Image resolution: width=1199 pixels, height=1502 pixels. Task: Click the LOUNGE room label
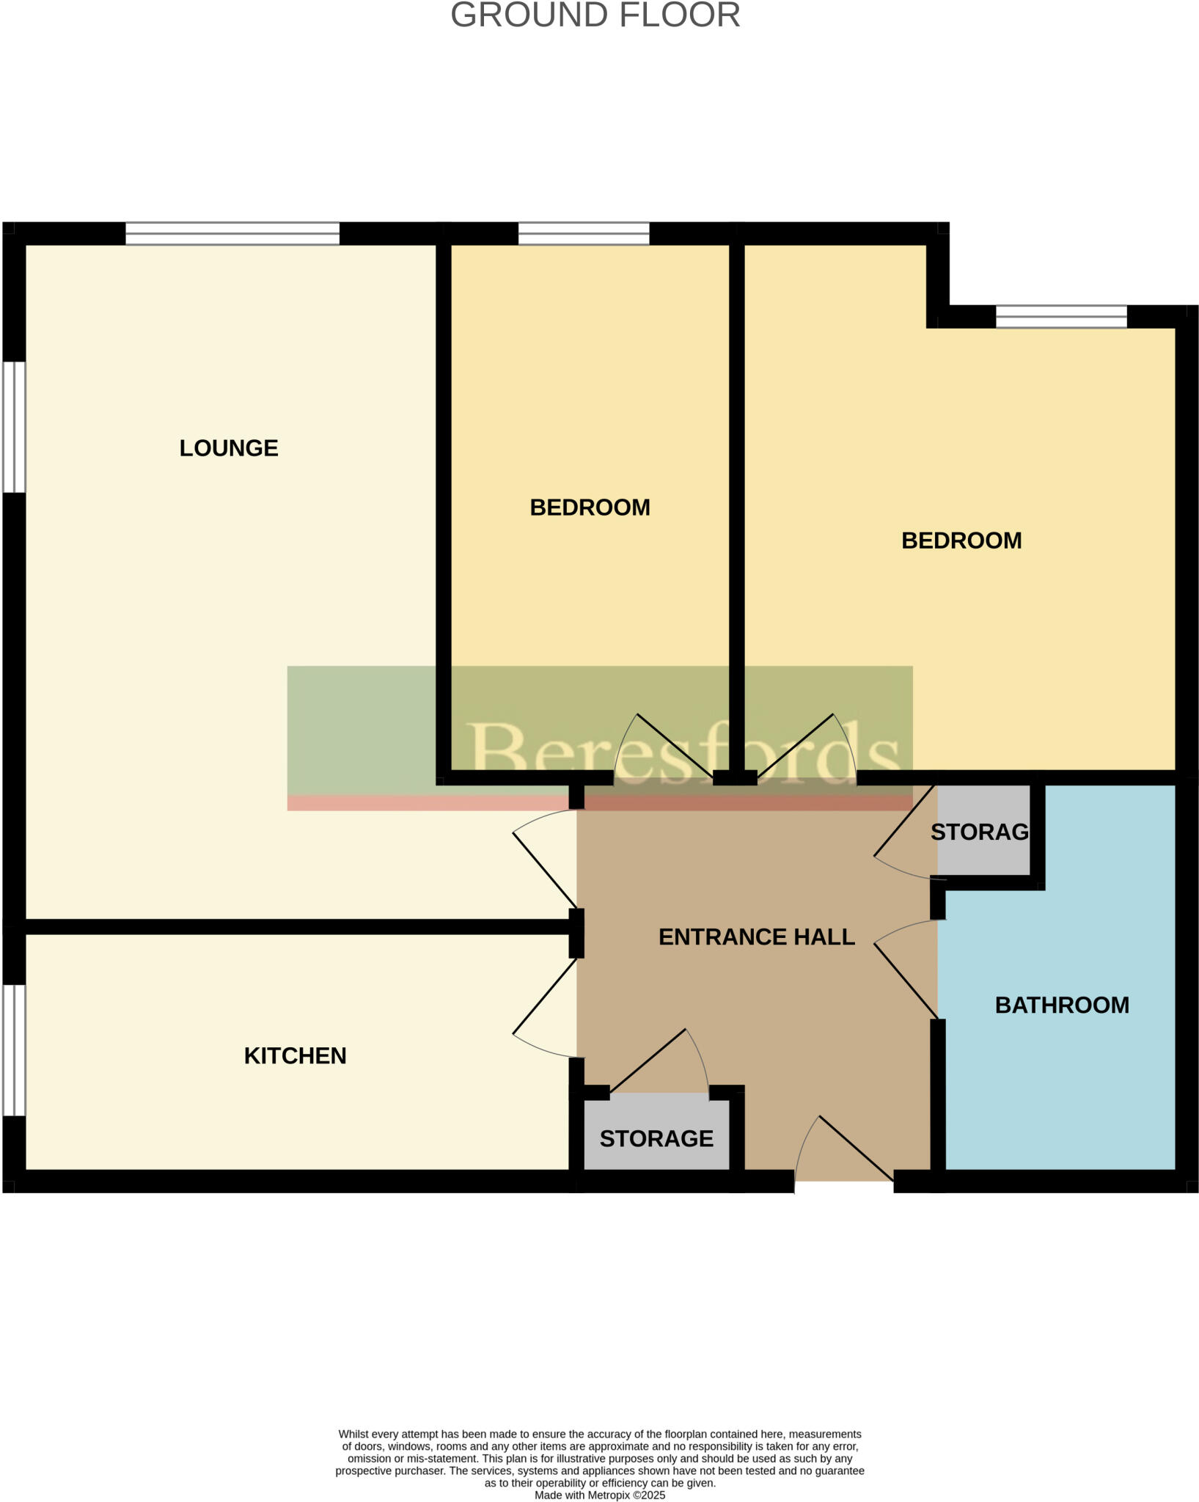pos(229,448)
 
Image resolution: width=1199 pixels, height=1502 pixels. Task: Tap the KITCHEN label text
pos(295,1055)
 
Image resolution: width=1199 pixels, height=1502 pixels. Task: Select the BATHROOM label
pos(1061,1005)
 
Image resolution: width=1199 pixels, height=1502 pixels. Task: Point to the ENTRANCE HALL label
pos(756,937)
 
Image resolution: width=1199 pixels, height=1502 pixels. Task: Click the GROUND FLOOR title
pos(595,15)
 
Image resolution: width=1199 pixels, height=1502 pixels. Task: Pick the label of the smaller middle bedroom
pos(590,508)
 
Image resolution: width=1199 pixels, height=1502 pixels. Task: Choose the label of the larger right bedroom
pos(961,541)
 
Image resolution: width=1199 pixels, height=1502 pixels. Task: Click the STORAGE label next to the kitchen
pos(656,1138)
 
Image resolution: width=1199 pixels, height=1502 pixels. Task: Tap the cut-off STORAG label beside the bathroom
pos(979,832)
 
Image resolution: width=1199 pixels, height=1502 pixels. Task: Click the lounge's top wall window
pos(232,233)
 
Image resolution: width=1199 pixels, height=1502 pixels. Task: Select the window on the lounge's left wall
pos(14,426)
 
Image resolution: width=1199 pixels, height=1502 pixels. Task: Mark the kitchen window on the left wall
pos(14,1049)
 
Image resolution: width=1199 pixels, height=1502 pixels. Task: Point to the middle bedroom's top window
pos(583,233)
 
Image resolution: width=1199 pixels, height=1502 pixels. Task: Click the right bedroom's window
pos(1060,317)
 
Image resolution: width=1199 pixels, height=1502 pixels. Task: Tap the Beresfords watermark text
pos(683,750)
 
